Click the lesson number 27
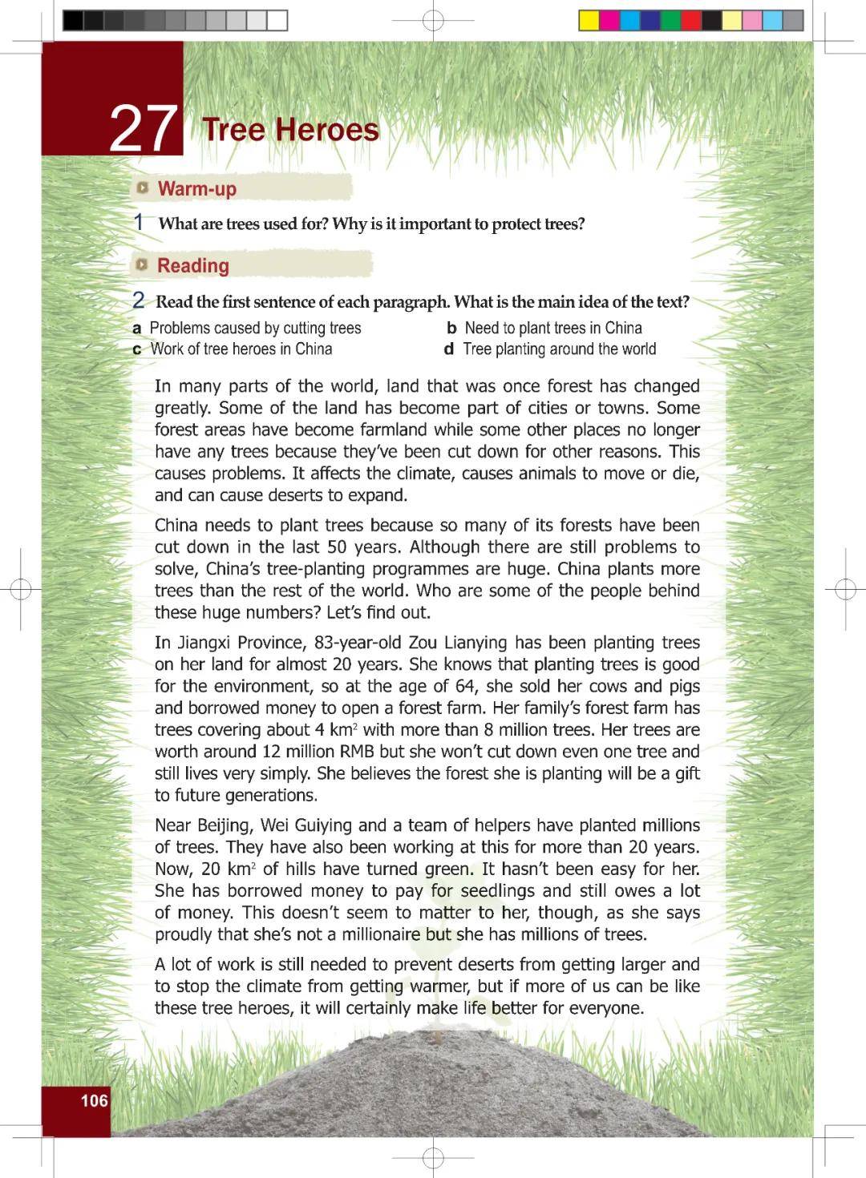point(144,128)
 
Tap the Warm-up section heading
point(197,189)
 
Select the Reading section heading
point(193,265)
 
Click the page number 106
point(94,1100)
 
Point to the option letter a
point(137,329)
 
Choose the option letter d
point(449,349)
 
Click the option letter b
point(451,329)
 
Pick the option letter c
point(137,349)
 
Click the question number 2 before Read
point(139,301)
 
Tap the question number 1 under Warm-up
point(140,222)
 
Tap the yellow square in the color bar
point(589,20)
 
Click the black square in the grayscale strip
point(73,20)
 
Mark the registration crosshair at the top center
point(433,20)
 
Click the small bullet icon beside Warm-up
point(143,188)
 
